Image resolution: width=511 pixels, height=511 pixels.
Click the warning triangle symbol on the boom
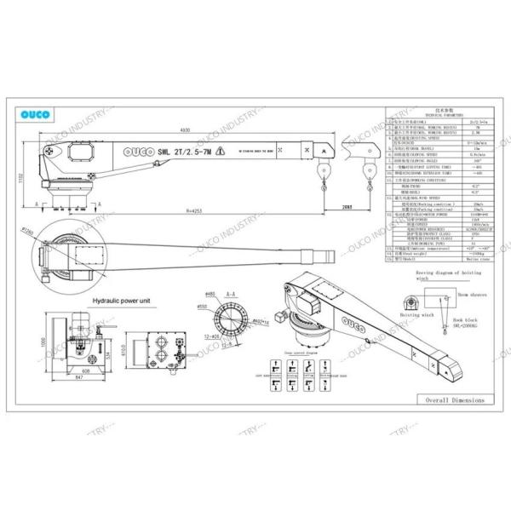[x=220, y=152]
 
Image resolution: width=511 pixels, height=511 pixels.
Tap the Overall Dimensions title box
[x=451, y=399]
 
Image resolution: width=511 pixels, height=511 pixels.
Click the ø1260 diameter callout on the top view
[x=27, y=231]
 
